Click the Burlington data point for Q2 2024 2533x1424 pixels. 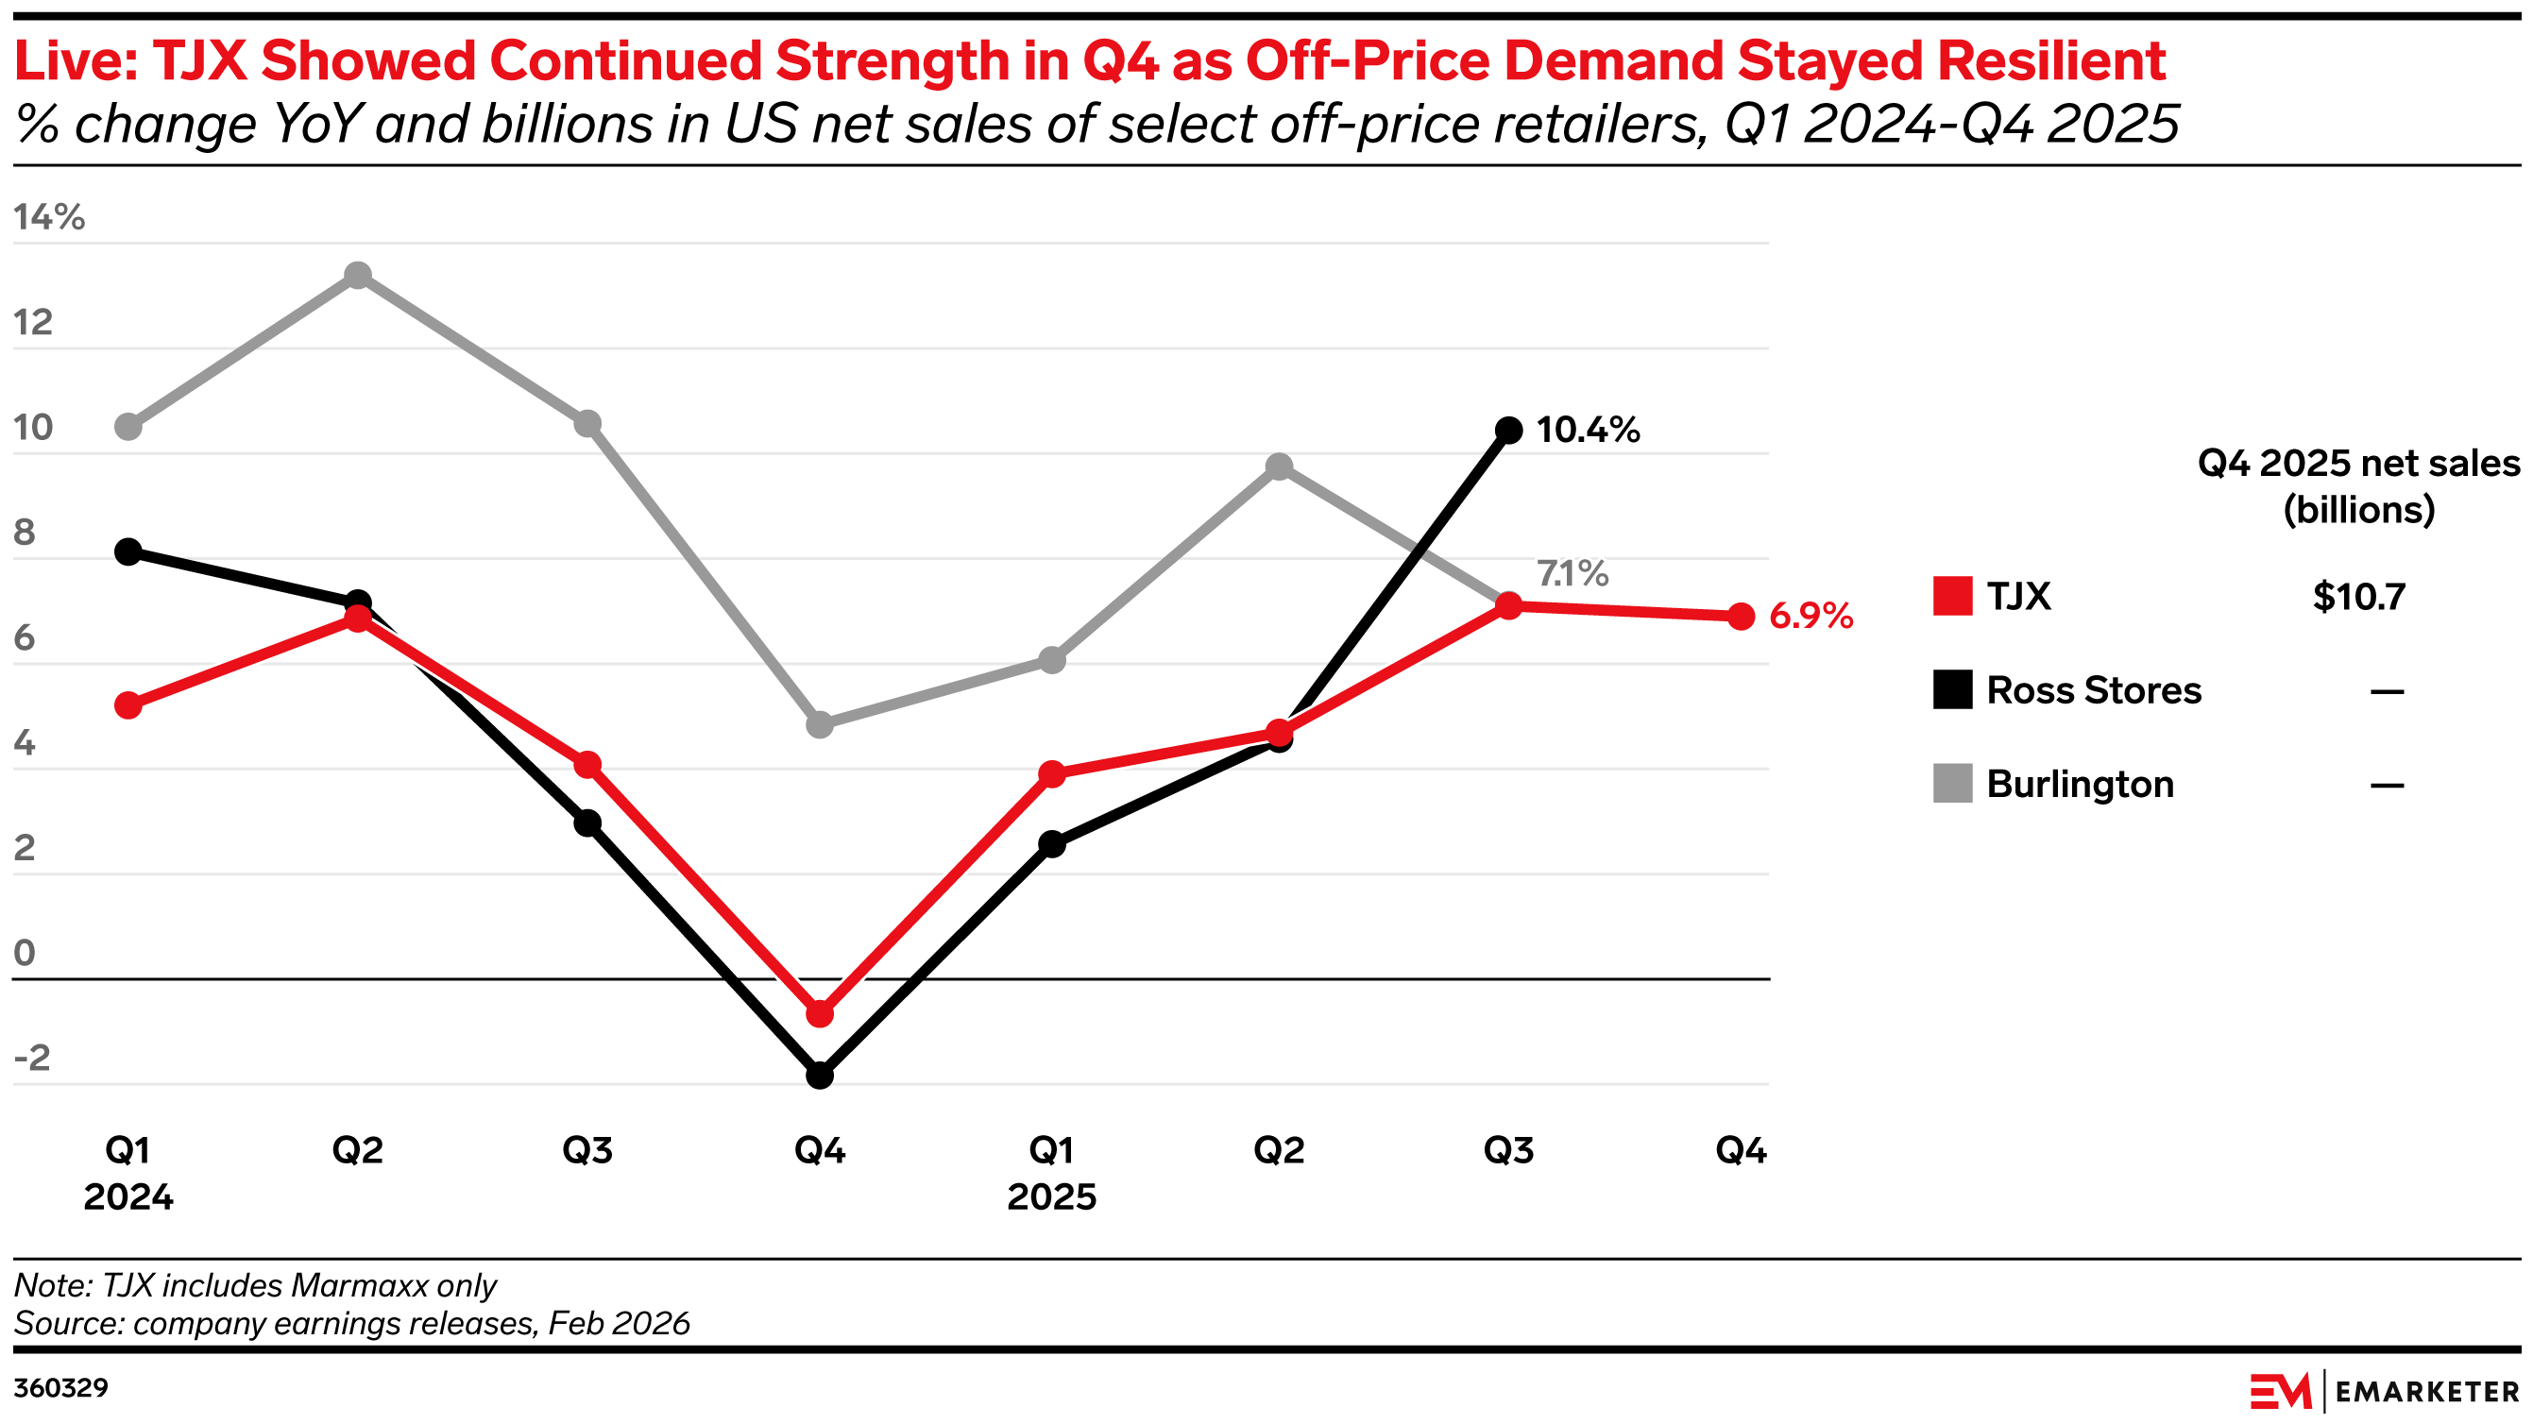[358, 276]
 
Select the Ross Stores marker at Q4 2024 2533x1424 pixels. [819, 1075]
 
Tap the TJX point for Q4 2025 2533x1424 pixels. [1741, 617]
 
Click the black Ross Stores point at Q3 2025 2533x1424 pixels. [1508, 430]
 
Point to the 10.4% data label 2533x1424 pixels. [1588, 430]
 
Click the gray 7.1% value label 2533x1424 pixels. [1572, 573]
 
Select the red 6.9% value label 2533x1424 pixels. [1811, 617]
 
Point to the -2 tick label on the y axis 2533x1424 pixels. [31, 1059]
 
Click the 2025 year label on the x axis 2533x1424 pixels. [1051, 1196]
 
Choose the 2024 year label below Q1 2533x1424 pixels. [127, 1196]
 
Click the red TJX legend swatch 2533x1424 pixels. [1952, 596]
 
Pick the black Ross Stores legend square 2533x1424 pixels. [1952, 689]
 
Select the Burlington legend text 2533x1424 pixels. [2080, 784]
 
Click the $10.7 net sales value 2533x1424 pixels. [2359, 597]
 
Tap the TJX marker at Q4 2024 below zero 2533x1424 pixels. [819, 1014]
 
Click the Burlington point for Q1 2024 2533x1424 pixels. [127, 427]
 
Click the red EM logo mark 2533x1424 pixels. [2279, 1392]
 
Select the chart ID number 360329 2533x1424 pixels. [61, 1387]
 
